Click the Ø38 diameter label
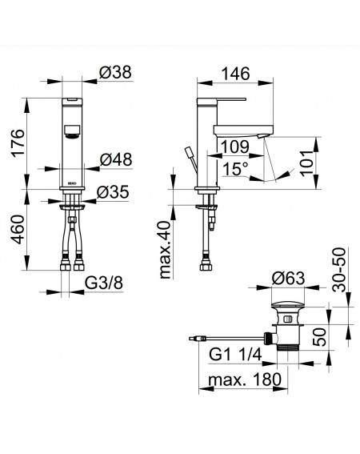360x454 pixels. point(115,72)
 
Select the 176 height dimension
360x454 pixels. point(18,143)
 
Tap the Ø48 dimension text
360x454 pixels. point(116,160)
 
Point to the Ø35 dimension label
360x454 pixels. point(113,192)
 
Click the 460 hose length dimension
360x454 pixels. point(18,229)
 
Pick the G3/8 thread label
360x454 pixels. point(104,283)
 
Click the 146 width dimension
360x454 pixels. point(235,74)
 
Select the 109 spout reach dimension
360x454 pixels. point(235,147)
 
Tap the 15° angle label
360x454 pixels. point(235,169)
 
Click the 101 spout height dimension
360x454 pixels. point(307,163)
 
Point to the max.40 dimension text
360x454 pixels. point(166,250)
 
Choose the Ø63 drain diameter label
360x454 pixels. point(288,279)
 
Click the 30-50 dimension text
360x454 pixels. point(339,270)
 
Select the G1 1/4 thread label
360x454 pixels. point(235,354)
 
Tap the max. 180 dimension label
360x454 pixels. point(245,380)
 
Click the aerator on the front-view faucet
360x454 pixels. point(72,131)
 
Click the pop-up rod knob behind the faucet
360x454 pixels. point(189,152)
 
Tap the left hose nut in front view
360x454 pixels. point(66,266)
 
